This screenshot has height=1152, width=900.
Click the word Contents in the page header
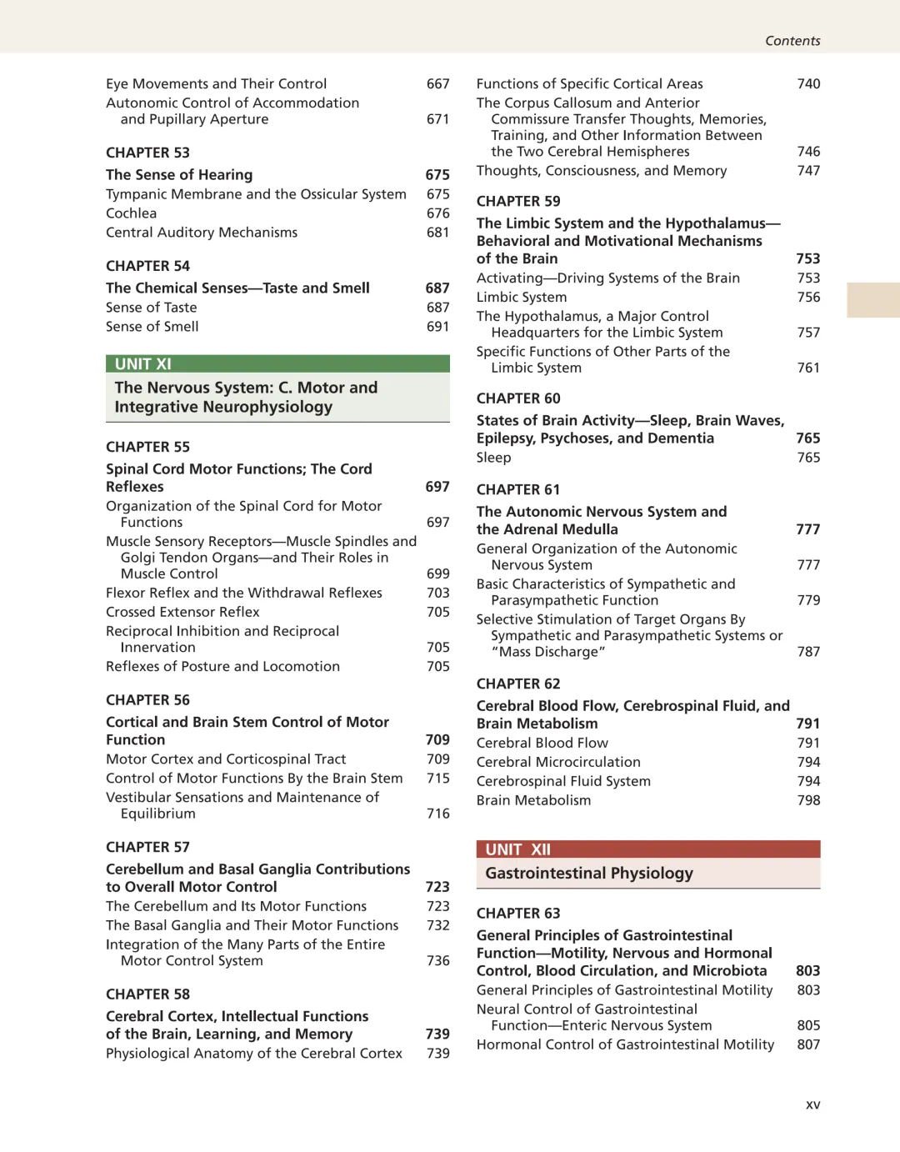(x=792, y=41)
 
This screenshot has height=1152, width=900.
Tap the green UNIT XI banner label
(x=143, y=364)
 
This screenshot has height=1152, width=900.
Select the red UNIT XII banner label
(x=517, y=849)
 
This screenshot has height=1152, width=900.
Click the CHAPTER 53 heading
(x=147, y=153)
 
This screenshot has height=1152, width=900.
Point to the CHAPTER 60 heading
(x=518, y=398)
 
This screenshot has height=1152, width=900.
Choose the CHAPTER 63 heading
(x=518, y=914)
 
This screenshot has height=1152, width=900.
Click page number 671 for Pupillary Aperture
(x=437, y=119)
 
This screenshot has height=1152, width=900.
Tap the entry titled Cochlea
(x=131, y=213)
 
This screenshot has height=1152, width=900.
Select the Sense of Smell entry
(x=152, y=327)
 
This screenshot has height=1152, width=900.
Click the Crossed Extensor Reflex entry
(x=182, y=612)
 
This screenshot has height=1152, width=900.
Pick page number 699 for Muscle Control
(x=437, y=573)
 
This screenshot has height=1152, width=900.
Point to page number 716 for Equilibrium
(x=437, y=814)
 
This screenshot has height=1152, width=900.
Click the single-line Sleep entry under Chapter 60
(x=493, y=458)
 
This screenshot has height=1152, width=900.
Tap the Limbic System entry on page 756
(x=521, y=298)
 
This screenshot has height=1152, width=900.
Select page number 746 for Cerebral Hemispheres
(x=808, y=152)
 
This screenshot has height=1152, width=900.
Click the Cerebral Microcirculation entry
(x=558, y=762)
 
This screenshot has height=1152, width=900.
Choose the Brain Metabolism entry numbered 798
(x=533, y=800)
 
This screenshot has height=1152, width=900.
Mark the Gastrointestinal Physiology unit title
(x=589, y=874)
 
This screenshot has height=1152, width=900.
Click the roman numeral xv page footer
(x=812, y=1104)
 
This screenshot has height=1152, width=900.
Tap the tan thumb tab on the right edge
(x=872, y=300)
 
